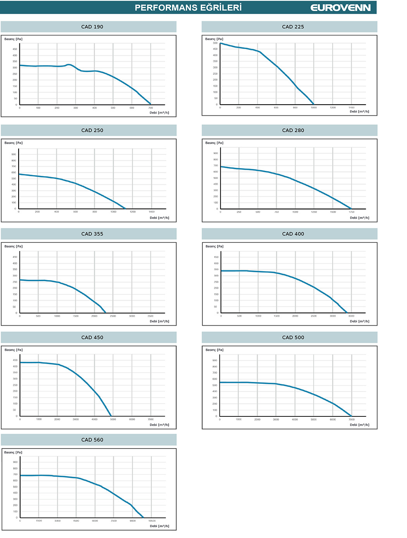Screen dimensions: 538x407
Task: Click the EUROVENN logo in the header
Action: click(x=340, y=8)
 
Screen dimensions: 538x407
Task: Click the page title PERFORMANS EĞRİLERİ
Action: click(x=188, y=8)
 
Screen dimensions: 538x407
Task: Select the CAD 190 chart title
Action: click(x=92, y=27)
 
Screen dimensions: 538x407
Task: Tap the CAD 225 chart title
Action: click(x=293, y=27)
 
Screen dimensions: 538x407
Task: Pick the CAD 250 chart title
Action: click(x=92, y=130)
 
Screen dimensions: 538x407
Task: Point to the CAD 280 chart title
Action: click(x=293, y=130)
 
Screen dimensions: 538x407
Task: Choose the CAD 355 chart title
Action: click(x=92, y=234)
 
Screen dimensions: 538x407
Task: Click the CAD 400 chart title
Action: click(x=293, y=234)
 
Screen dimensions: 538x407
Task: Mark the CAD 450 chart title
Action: click(x=92, y=337)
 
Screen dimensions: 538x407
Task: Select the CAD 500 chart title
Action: click(x=293, y=337)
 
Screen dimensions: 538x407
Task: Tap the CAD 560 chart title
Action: click(x=92, y=440)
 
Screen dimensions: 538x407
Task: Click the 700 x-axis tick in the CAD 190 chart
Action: click(x=151, y=108)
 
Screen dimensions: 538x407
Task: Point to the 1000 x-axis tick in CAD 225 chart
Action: click(x=314, y=108)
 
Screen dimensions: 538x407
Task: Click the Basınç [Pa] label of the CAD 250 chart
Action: click(x=14, y=143)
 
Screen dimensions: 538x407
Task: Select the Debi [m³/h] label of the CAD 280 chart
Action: click(x=360, y=218)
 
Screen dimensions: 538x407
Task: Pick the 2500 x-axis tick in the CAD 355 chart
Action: click(x=113, y=316)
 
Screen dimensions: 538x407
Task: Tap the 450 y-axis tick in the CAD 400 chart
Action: click(x=216, y=257)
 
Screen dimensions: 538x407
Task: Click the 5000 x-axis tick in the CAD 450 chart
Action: click(x=113, y=419)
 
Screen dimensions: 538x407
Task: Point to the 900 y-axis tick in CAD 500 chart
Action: click(x=215, y=361)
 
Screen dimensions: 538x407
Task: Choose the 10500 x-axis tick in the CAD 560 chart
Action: click(x=152, y=521)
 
